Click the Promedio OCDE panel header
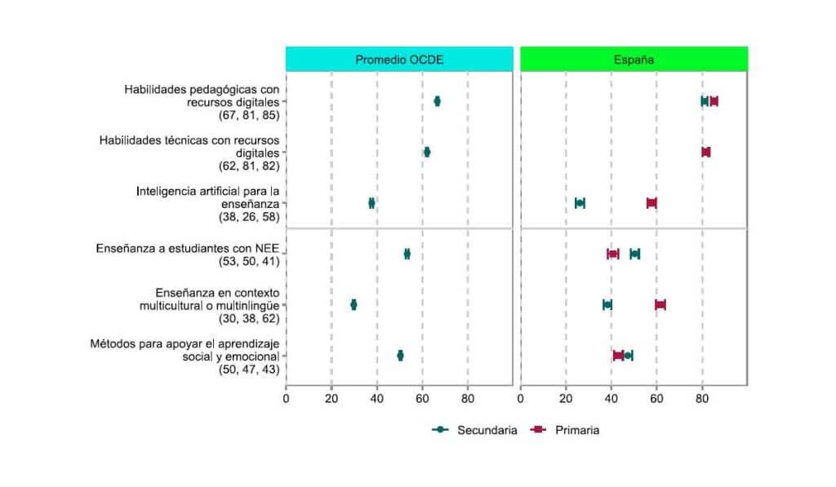tap(399, 60)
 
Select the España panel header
tap(634, 60)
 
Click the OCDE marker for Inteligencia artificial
tap(371, 203)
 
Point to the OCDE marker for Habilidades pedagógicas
tap(438, 101)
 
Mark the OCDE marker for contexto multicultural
tap(354, 304)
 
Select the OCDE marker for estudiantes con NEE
tap(407, 254)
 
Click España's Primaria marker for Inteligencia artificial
tap(651, 203)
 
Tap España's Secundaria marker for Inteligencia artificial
tap(580, 203)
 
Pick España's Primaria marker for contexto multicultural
tap(660, 304)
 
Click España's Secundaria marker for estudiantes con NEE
tap(634, 254)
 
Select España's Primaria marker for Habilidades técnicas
tap(706, 152)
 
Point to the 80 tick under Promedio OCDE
tap(468, 399)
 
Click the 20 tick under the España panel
tap(566, 399)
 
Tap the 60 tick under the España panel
tap(656, 399)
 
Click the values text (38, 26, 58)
tap(248, 217)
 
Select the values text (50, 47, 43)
tap(248, 370)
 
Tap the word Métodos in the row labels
tap(113, 343)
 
